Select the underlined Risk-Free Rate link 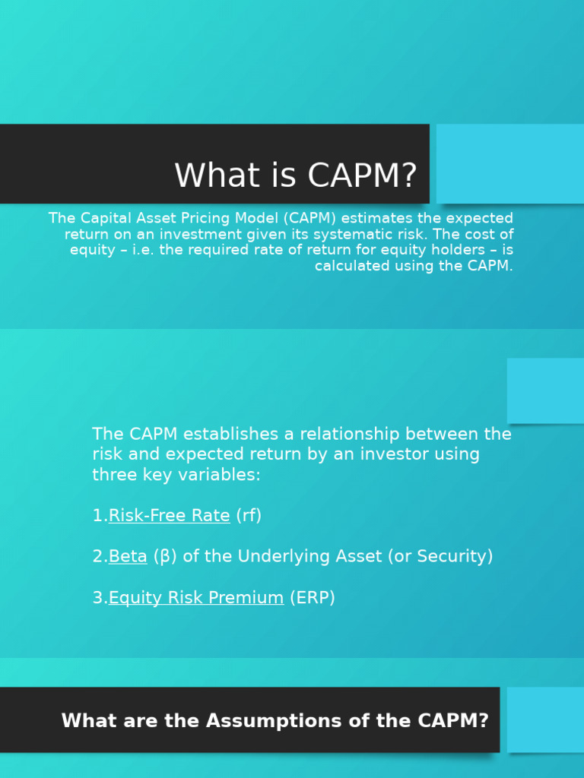point(169,516)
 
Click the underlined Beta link point(128,557)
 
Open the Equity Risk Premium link point(196,598)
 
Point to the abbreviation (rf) point(249,516)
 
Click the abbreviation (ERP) point(313,598)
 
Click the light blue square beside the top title point(510,164)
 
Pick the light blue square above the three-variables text point(545,391)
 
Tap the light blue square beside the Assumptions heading point(545,719)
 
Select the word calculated point(353,267)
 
